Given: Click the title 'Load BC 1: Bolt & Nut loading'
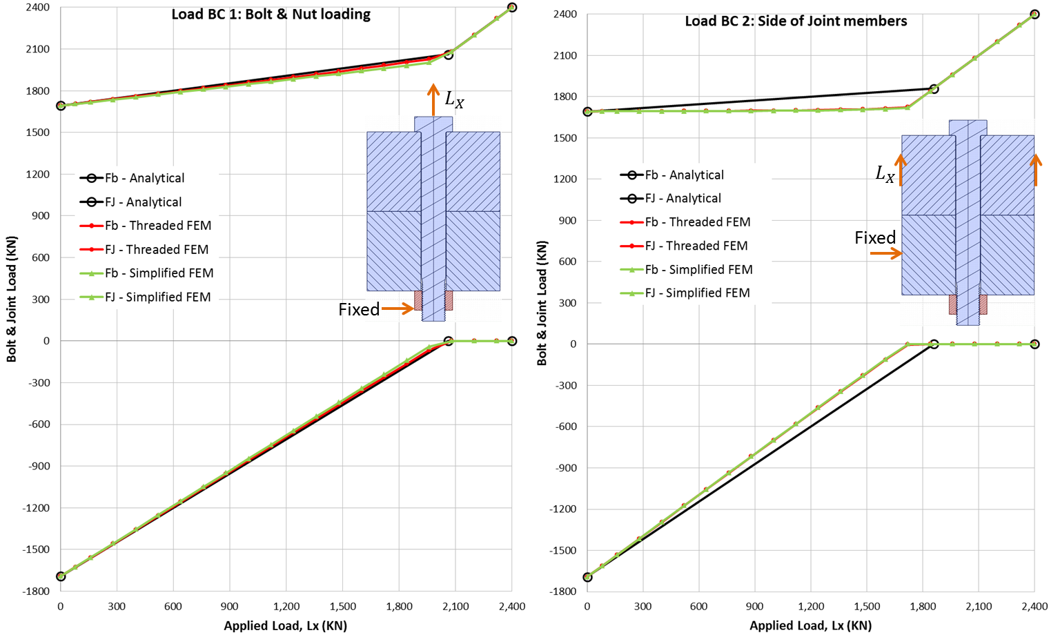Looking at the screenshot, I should click(271, 14).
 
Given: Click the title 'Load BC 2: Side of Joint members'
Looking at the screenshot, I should click(796, 21).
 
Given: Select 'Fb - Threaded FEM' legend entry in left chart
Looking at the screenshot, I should click(158, 226).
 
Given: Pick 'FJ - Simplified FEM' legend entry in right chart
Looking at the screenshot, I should click(697, 293).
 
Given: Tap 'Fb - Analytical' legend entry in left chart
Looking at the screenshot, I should click(144, 178).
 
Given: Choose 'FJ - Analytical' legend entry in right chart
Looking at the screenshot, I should click(683, 199).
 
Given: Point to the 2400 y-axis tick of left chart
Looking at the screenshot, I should click(37, 8).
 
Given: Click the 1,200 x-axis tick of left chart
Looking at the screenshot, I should click(286, 607).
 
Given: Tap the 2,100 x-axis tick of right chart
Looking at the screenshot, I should click(979, 607).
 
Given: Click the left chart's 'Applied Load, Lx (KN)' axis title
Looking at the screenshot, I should click(285, 626).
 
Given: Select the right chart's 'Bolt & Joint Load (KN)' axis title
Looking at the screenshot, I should click(542, 303).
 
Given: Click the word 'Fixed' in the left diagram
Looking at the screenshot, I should click(359, 310).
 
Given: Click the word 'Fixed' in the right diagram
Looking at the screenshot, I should click(875, 238).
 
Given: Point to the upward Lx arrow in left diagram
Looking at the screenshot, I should click(433, 99).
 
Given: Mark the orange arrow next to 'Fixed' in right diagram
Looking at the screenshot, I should click(886, 254).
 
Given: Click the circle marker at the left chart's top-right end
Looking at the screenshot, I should click(511, 8).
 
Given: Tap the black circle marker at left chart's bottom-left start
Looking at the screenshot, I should click(61, 576).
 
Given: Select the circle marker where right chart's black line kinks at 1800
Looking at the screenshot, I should click(934, 89).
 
